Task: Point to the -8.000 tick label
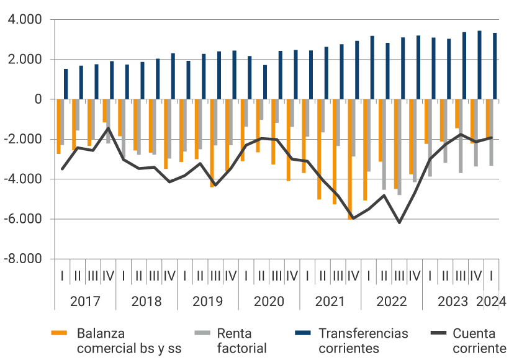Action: click(24, 259)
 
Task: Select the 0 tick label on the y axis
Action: click(38, 99)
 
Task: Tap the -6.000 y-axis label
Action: click(24, 219)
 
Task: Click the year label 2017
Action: click(85, 302)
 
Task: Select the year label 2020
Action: click(269, 302)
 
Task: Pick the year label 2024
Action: click(492, 302)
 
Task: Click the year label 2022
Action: click(392, 302)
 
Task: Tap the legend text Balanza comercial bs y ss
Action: click(129, 341)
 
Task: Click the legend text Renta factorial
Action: click(241, 341)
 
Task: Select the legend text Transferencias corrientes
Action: click(363, 341)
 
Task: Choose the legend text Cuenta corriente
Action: click(479, 341)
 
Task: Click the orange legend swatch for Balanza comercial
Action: click(59, 334)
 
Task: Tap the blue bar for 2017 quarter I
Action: click(66, 84)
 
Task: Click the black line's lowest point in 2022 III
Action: click(399, 222)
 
